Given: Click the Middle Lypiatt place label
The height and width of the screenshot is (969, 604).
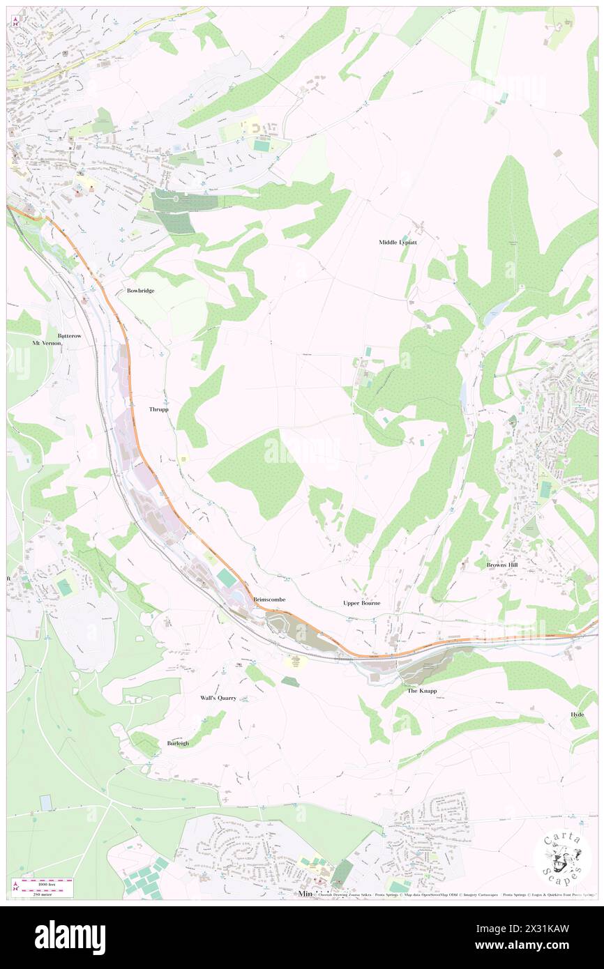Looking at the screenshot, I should click(398, 242).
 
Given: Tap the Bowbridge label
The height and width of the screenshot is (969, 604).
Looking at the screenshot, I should click(140, 290).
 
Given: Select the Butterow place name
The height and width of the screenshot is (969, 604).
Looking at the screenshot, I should click(70, 335).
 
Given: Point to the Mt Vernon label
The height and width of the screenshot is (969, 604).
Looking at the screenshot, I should click(47, 343).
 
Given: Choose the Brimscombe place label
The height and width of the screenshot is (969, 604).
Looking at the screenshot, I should click(269, 599).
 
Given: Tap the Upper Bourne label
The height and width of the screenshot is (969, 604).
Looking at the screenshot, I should click(361, 602).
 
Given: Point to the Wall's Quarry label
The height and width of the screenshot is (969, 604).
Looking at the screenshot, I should click(218, 697).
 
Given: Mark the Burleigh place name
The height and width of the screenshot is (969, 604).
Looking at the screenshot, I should click(178, 743).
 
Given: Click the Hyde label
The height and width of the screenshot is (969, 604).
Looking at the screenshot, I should click(577, 715).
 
